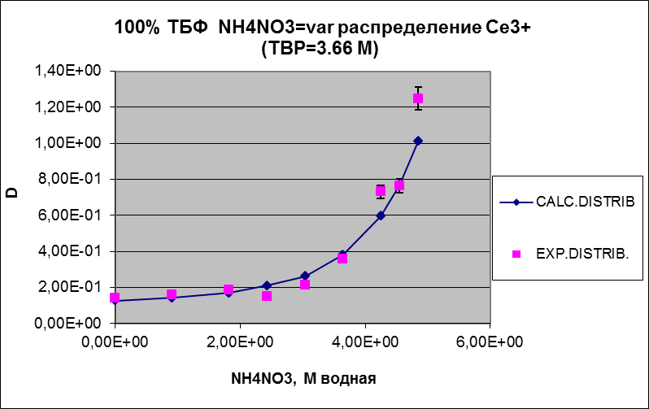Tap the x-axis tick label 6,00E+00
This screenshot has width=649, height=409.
[x=491, y=342]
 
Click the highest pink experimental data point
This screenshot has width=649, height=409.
[x=418, y=99]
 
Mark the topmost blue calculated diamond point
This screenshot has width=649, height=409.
[x=418, y=141]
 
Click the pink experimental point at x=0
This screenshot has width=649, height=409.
[x=115, y=298]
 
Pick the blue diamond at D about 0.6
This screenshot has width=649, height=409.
[x=381, y=215]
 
